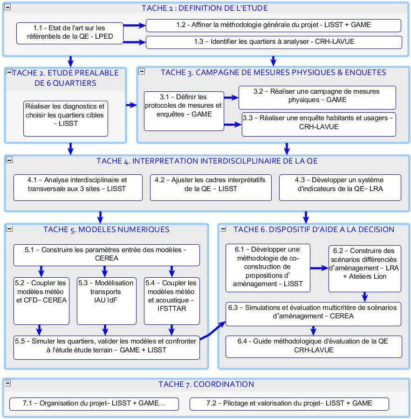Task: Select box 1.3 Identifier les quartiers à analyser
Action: click(274, 42)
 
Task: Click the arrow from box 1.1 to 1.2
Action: click(135, 26)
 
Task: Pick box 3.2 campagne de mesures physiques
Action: click(317, 96)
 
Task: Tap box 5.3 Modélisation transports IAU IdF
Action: click(106, 300)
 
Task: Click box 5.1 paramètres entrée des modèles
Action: click(106, 254)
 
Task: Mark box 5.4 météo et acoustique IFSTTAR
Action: click(172, 300)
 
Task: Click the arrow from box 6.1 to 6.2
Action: click(319, 268)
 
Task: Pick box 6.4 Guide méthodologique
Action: click(313, 346)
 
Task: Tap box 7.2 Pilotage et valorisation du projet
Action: click(289, 404)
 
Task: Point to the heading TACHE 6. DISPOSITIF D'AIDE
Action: click(314, 229)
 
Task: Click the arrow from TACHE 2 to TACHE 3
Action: click(131, 105)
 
